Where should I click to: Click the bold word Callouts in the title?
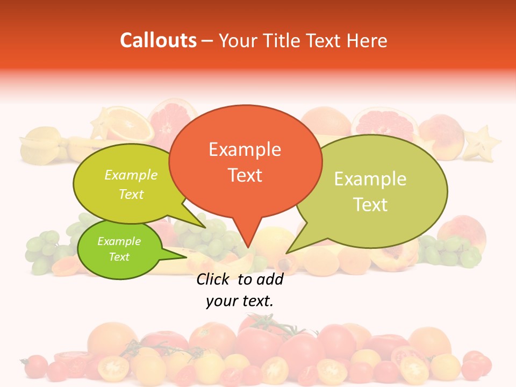[x=158, y=40]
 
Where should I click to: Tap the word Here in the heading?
[x=367, y=40]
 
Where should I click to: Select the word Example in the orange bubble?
[x=245, y=149]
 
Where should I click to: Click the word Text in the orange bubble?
[x=245, y=175]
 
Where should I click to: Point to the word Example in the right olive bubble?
[x=370, y=179]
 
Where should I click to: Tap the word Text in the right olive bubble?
[x=370, y=204]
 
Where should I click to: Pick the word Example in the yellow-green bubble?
[x=131, y=175]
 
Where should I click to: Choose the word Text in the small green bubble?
[x=119, y=257]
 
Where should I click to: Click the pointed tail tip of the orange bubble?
[x=247, y=248]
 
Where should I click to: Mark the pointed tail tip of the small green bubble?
[x=188, y=257]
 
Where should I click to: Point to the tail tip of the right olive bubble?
[x=286, y=253]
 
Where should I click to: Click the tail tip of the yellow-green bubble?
[x=206, y=228]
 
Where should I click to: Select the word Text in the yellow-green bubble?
[x=131, y=194]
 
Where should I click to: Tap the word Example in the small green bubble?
[x=119, y=241]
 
